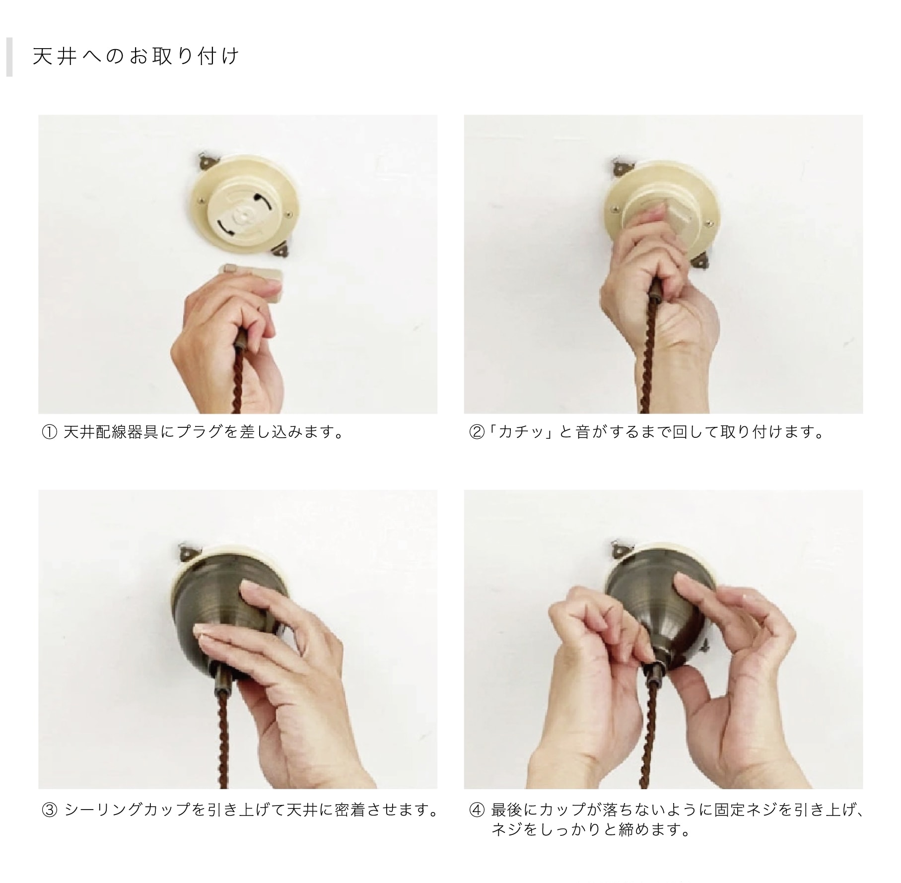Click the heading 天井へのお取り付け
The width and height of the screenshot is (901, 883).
tap(136, 56)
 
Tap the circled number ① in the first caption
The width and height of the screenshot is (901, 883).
tap(50, 433)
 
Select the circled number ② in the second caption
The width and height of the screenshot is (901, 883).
tap(476, 433)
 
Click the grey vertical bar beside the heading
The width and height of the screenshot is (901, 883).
tap(9, 57)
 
